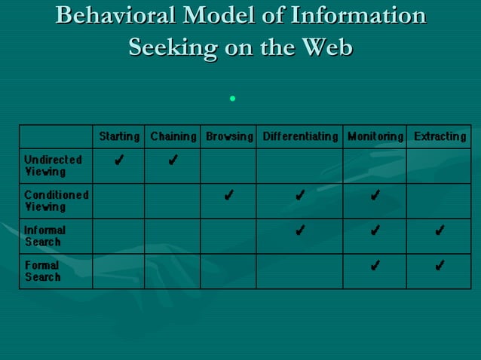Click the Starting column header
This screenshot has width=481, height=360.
coord(119,136)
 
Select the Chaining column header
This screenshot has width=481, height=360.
coord(173,136)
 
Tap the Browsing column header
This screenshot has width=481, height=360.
coord(229,136)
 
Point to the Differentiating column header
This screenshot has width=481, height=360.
coord(299,136)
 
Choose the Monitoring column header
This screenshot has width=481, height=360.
coord(375,136)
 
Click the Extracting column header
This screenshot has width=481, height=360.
coord(440,136)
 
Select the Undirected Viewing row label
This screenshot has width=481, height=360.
coord(52,166)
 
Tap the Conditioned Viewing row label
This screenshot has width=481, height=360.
coord(56,200)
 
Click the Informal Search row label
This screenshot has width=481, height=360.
coord(44,236)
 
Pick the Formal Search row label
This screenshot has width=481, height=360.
coord(42,271)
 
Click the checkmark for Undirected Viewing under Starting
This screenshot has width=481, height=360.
coord(118,160)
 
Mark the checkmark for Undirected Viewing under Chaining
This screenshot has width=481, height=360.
coord(173,160)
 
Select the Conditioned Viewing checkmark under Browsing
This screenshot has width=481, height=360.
coord(228,196)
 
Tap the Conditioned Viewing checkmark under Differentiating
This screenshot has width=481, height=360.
coord(299,196)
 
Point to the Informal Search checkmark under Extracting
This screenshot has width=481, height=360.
coord(439,230)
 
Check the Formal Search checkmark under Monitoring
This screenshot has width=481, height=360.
coord(375,265)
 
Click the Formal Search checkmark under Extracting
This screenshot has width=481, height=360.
coord(439,265)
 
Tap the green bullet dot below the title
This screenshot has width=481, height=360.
coord(234,99)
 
